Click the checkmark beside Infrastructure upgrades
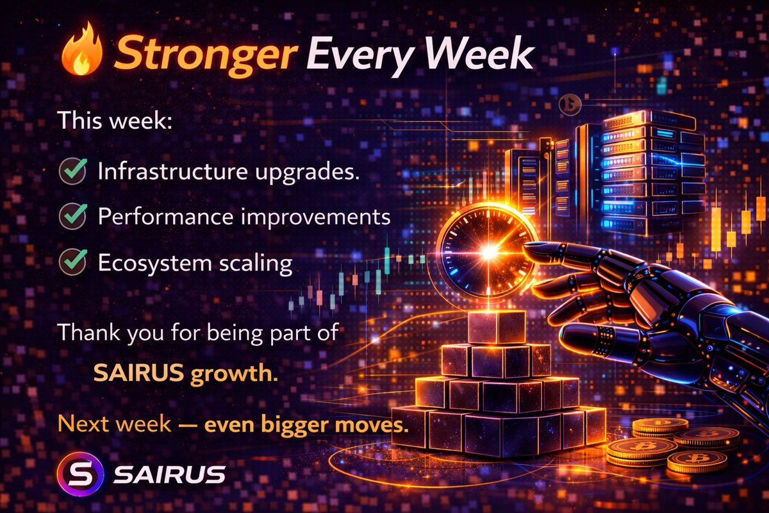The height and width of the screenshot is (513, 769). pyautogui.click(x=72, y=172)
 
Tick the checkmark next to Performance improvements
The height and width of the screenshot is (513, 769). pyautogui.click(x=72, y=217)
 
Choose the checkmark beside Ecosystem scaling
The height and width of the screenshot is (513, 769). pyautogui.click(x=72, y=262)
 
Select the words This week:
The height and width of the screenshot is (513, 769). pyautogui.click(x=114, y=121)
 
